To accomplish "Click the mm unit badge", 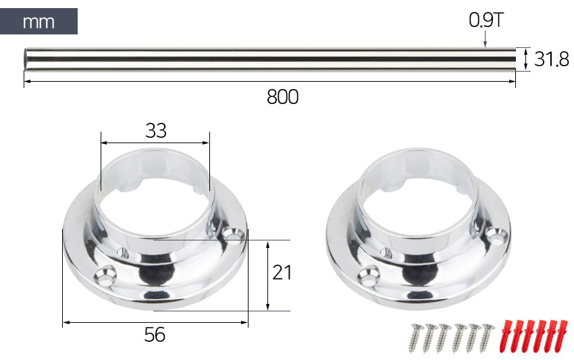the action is click(38, 21).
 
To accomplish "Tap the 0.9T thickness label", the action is click(486, 20).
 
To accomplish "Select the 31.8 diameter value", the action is click(552, 59).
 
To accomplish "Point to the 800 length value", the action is click(282, 97).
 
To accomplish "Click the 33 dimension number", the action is click(156, 130).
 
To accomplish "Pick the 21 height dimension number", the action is click(282, 272).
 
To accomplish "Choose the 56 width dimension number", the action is click(155, 334).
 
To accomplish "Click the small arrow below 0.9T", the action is click(486, 39).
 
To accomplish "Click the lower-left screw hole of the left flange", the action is click(105, 275).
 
